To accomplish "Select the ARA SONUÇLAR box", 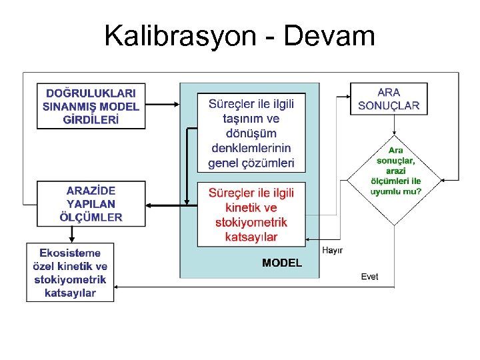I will (389, 99).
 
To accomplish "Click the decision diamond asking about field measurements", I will (395, 180).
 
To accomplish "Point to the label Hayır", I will (332, 250).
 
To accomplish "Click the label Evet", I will (369, 277).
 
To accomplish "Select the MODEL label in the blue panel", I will (281, 263).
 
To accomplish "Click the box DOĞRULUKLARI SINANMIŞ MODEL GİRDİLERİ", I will (91, 106).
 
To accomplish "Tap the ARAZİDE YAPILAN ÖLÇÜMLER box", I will (91, 204).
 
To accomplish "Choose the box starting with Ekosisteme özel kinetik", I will (70, 272).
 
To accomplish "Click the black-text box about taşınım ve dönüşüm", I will (251, 133).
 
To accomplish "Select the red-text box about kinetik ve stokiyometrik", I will (251, 214).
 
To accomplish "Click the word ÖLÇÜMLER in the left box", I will (91, 217).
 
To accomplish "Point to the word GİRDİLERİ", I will (91, 120).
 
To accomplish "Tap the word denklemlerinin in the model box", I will (251, 147).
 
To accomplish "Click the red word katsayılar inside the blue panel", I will (251, 237).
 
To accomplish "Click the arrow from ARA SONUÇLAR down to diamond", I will (395, 125).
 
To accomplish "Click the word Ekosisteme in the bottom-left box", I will (70, 253).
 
